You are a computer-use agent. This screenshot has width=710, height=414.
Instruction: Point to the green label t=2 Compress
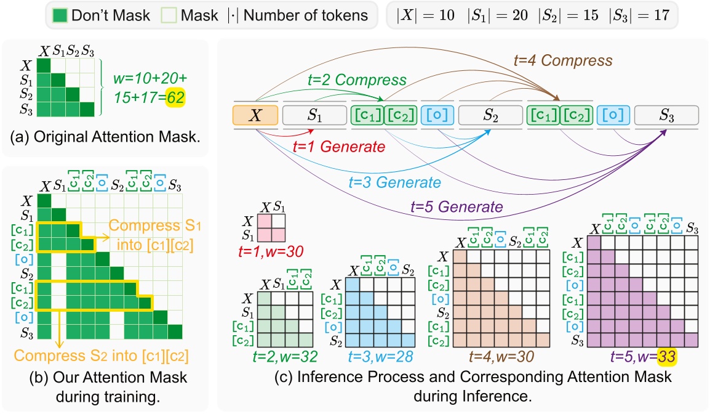pos(357,80)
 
